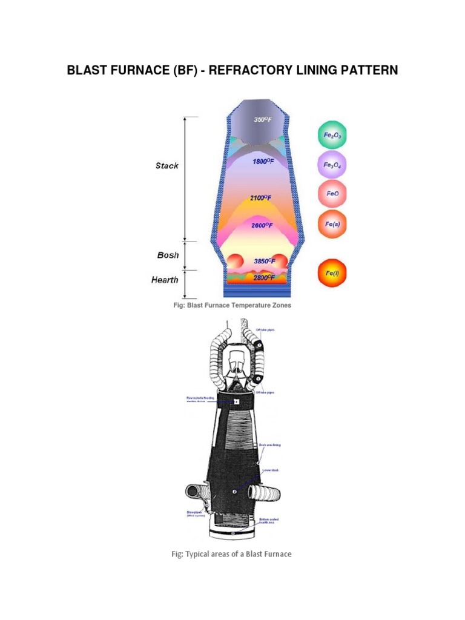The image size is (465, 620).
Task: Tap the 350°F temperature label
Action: coord(262,120)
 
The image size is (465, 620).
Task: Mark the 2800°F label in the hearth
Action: coord(265,278)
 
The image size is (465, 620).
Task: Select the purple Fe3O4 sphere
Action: coord(332,165)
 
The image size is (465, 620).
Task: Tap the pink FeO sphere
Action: coord(332,195)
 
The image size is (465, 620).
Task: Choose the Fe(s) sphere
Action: coord(332,224)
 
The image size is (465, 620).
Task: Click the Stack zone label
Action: coord(167,165)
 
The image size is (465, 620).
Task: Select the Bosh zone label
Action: coord(168,255)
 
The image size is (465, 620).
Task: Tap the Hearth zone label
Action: coord(165,280)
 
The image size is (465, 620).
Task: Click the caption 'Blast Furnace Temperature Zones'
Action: coord(232,305)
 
